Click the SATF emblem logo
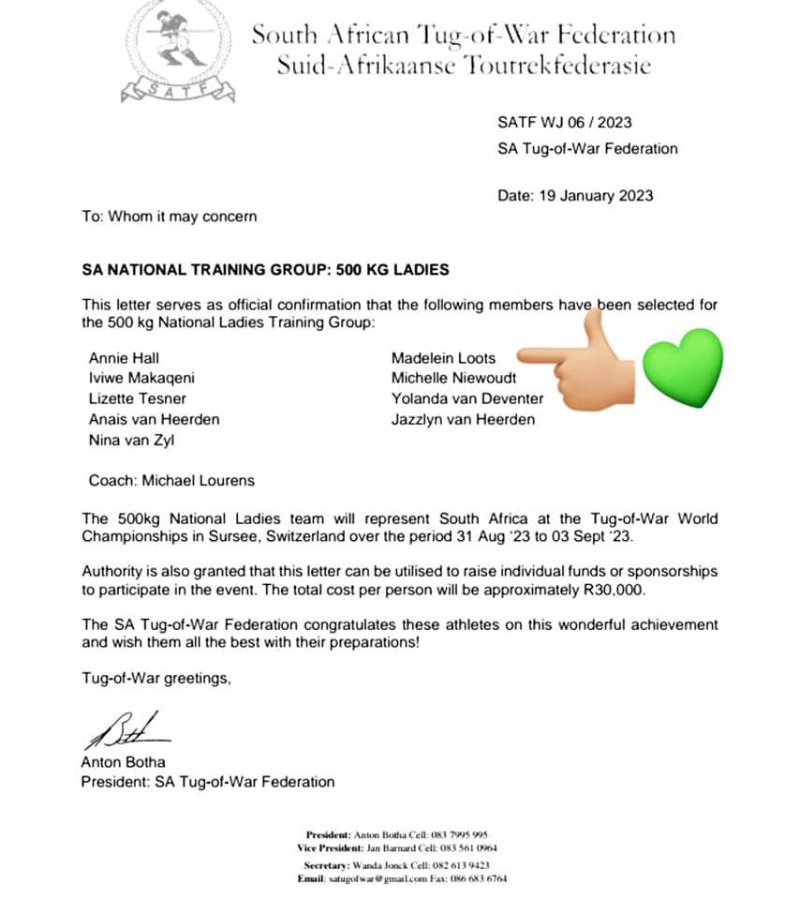pos(177,50)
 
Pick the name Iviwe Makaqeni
pos(142,378)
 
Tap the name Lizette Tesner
pos(137,398)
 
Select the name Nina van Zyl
pos(131,440)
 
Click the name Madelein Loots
pos(443,357)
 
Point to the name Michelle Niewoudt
pos(453,378)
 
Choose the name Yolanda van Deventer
pos(467,398)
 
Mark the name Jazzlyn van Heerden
pos(463,419)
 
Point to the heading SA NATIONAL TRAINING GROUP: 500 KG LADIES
pos(265,270)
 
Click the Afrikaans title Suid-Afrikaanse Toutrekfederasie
pos(463,65)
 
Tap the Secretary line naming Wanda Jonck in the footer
pos(396,865)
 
